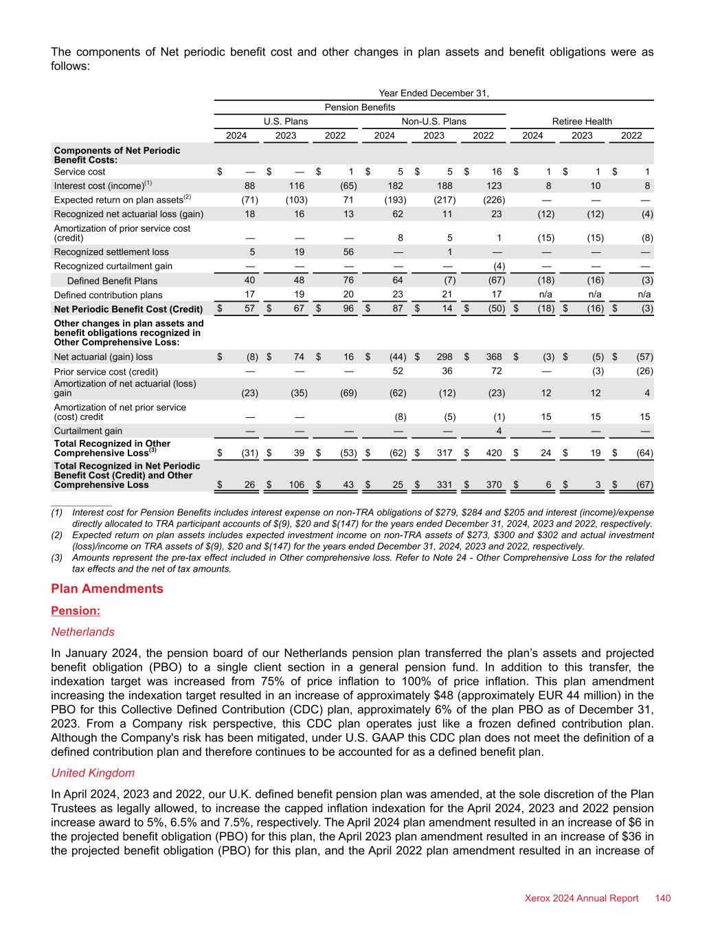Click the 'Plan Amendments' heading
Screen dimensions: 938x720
click(107, 589)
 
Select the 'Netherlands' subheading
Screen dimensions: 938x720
click(82, 632)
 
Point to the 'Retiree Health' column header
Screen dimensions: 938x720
click(582, 122)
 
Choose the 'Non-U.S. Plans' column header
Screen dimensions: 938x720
click(434, 122)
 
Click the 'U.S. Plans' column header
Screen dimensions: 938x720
click(286, 122)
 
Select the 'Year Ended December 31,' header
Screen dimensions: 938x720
click(434, 93)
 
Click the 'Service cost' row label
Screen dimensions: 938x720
click(80, 172)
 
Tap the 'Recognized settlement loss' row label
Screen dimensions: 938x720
click(111, 252)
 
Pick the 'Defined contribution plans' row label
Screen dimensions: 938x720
click(109, 295)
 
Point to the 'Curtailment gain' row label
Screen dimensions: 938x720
click(88, 431)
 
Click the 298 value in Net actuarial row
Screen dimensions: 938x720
click(442, 357)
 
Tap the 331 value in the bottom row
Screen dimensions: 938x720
click(442, 485)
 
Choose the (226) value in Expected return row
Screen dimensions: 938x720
click(494, 200)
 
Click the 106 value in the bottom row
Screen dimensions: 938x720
click(296, 485)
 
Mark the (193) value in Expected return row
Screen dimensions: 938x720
click(394, 200)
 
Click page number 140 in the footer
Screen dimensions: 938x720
click(662, 898)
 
